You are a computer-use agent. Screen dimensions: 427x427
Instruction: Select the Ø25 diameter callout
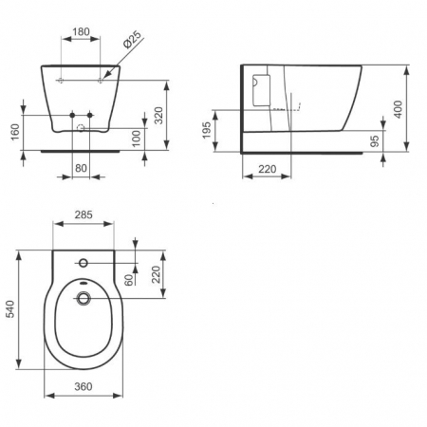[x=133, y=42]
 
